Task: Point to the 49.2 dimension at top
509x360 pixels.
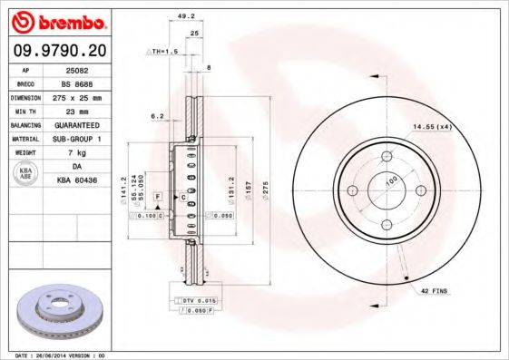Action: coord(184,15)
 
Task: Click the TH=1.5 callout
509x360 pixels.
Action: coord(164,53)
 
